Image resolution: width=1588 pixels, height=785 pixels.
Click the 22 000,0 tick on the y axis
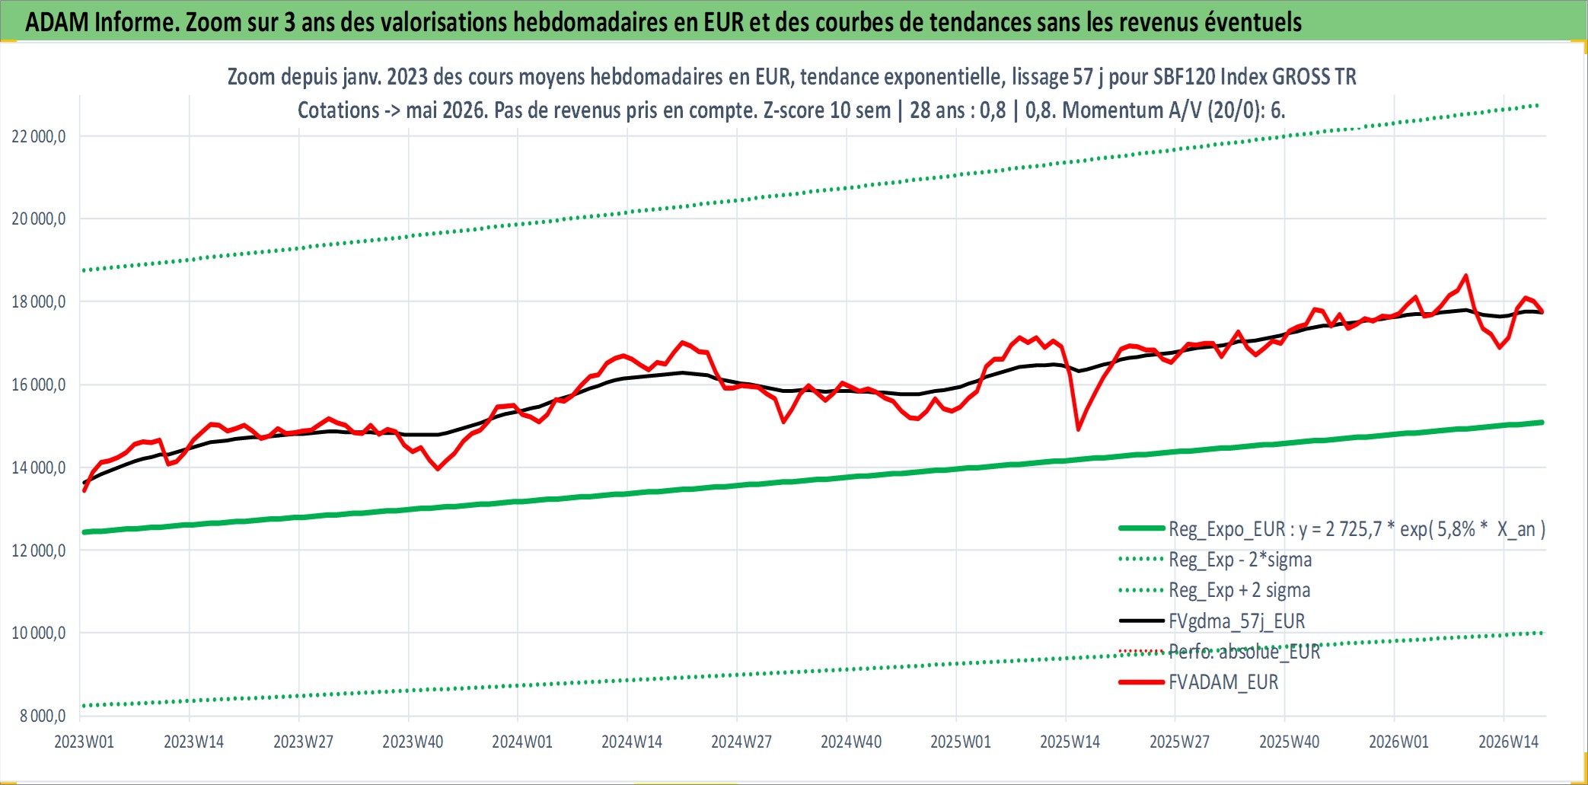pyautogui.click(x=38, y=137)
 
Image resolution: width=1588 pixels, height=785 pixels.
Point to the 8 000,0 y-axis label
pyautogui.click(x=42, y=716)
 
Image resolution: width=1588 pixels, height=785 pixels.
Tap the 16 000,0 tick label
pyautogui.click(x=38, y=385)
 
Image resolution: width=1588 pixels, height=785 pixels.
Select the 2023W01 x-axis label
pyautogui.click(x=84, y=742)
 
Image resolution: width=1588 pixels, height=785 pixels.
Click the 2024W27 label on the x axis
pyautogui.click(x=741, y=742)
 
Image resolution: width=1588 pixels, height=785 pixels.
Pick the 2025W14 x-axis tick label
pyautogui.click(x=1070, y=742)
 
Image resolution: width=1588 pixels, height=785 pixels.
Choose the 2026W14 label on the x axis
pyautogui.click(x=1508, y=742)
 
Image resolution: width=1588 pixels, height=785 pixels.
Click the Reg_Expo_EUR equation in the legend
pyautogui.click(x=1357, y=529)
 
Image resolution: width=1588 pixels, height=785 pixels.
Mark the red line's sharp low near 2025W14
pyautogui.click(x=1078, y=429)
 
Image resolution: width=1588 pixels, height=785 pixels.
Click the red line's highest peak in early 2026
pyautogui.click(x=1466, y=276)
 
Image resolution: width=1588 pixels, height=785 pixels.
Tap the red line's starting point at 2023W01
pyautogui.click(x=84, y=490)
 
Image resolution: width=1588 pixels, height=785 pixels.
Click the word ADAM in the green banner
pyautogui.click(x=57, y=22)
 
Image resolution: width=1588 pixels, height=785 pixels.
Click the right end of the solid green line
pyautogui.click(x=1542, y=422)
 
